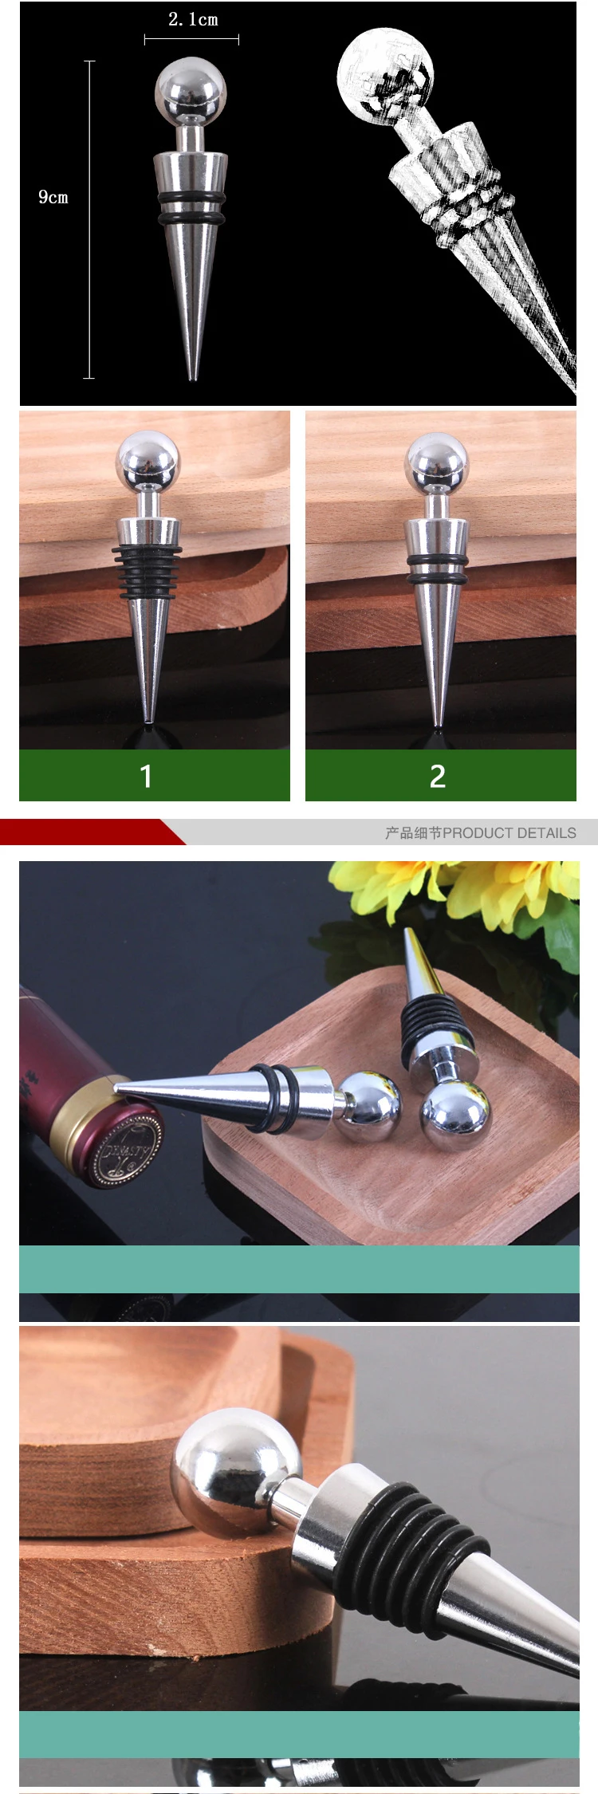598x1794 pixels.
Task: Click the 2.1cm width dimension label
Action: [193, 20]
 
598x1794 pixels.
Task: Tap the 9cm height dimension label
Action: [53, 197]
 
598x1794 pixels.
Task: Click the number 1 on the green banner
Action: [146, 776]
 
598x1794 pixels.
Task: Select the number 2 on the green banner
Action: [437, 776]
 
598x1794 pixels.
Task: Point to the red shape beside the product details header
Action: [88, 832]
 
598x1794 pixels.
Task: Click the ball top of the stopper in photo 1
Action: [148, 459]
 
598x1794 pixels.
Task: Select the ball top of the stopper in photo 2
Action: [437, 461]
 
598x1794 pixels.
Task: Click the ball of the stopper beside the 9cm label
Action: [191, 90]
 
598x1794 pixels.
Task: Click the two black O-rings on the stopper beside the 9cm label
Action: [191, 207]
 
